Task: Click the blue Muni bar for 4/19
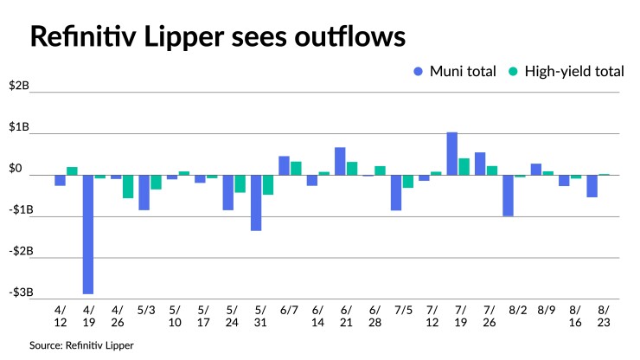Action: tap(88, 234)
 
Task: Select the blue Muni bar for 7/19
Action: tap(452, 154)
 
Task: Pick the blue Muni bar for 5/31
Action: tap(256, 202)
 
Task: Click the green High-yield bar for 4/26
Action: tap(128, 186)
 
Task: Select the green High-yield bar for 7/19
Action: tap(464, 166)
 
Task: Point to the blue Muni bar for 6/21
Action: tap(340, 162)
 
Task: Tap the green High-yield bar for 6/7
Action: tap(296, 168)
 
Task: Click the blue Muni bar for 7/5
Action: tap(396, 192)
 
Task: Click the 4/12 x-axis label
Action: tap(61, 314)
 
